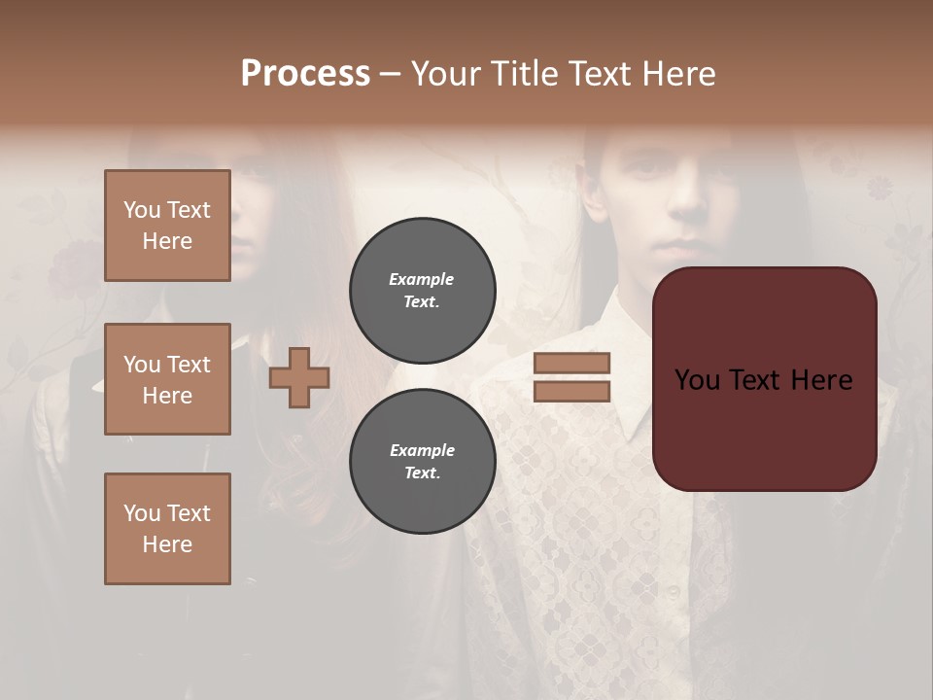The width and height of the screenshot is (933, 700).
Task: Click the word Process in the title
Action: pos(305,73)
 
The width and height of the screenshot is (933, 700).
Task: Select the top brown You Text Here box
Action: pos(167,226)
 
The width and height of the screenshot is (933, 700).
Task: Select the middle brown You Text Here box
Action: pos(167,379)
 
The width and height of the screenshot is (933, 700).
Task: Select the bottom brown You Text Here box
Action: pos(167,529)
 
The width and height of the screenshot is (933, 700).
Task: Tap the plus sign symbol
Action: pos(298,377)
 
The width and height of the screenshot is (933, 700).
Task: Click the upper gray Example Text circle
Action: pos(422,290)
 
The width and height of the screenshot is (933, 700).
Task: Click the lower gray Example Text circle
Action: pos(422,461)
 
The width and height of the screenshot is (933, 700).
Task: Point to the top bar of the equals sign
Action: pos(571,363)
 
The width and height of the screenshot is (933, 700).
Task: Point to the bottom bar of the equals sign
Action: pos(571,391)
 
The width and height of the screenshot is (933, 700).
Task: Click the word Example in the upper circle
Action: pos(422,279)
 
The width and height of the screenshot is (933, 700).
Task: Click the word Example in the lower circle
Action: pos(422,450)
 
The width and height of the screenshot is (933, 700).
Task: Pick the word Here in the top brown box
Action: pos(167,241)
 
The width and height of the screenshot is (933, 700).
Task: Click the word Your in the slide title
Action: pos(444,73)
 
